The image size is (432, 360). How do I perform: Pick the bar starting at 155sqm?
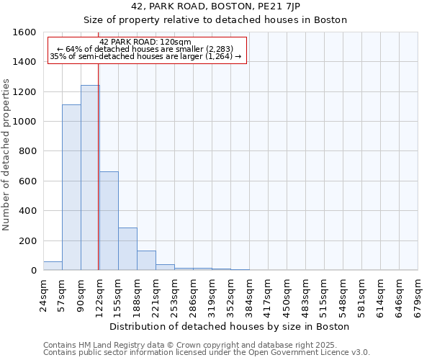(127, 249)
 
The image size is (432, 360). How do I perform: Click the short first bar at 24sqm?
(53, 266)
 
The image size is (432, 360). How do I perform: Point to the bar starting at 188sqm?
(146, 261)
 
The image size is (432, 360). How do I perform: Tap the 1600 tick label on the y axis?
(24, 32)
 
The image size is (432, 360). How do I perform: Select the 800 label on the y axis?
(27, 151)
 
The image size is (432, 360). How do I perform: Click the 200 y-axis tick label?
(27, 240)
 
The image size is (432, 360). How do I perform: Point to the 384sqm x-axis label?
(249, 294)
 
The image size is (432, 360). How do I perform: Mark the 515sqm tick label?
(324, 294)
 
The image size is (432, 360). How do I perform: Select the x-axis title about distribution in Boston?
(230, 326)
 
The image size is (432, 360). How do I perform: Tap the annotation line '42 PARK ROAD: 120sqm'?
(145, 42)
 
